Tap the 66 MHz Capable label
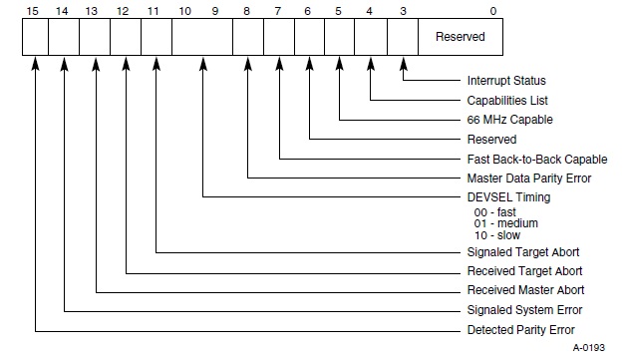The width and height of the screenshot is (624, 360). point(504,120)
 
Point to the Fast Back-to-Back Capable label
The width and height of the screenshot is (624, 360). point(537,159)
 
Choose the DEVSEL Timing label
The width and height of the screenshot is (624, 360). point(509,197)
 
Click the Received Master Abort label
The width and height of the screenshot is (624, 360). point(525,290)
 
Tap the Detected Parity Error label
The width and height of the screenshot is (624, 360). point(520,329)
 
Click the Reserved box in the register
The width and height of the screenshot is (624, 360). point(460,38)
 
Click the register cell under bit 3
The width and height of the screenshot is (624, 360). point(403,38)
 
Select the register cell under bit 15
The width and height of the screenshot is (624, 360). point(34,38)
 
